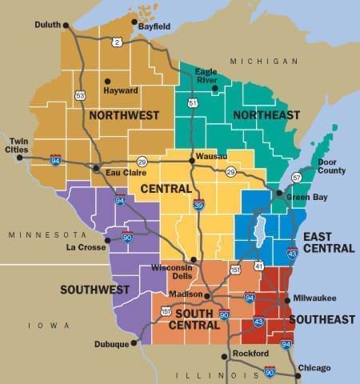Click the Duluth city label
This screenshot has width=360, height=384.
(x=47, y=25)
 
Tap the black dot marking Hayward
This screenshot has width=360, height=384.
(x=107, y=81)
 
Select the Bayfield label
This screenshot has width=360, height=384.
(x=154, y=26)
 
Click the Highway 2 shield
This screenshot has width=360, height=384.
(x=117, y=42)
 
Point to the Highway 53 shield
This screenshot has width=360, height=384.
(x=80, y=95)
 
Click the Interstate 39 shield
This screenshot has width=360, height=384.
(x=198, y=205)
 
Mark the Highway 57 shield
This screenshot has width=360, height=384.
(x=297, y=177)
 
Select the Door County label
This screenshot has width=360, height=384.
(x=331, y=166)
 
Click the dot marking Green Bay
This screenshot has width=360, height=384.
(x=279, y=194)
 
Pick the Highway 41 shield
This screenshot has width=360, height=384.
(x=258, y=265)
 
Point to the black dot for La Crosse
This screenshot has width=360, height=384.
(x=108, y=239)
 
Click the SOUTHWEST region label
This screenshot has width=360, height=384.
(x=94, y=289)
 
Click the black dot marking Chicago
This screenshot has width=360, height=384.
(x=298, y=374)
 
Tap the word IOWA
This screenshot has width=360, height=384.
(x=36, y=326)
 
